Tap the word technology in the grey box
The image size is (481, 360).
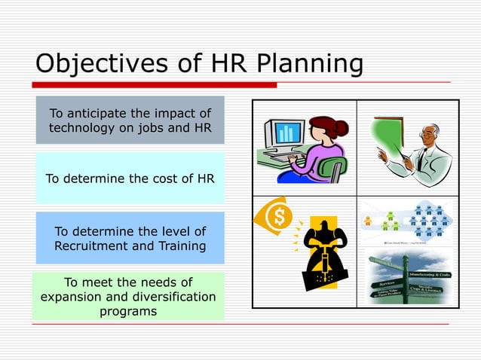[84, 128]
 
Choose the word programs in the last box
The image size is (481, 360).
[128, 310]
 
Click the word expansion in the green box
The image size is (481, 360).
[70, 296]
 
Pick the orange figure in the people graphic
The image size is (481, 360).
[368, 221]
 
